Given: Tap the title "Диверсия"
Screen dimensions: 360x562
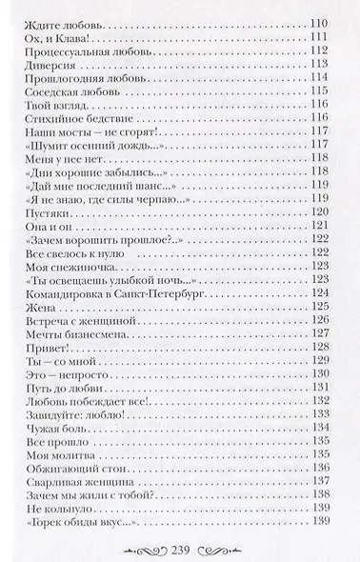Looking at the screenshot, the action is click(44, 67).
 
